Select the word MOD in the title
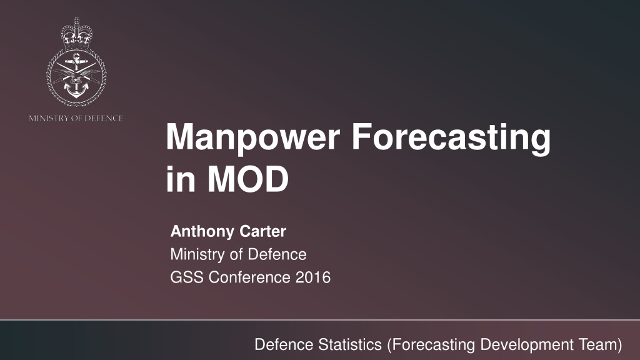tap(248, 179)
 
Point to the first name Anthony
tap(202, 231)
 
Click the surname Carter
tap(263, 231)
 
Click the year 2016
tap(313, 277)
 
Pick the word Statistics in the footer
tap(350, 344)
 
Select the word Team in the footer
tap(600, 345)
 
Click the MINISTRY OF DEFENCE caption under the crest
tap(76, 118)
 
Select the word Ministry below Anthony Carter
tap(197, 255)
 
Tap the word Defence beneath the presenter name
tap(277, 254)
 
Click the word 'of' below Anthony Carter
tap(236, 254)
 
